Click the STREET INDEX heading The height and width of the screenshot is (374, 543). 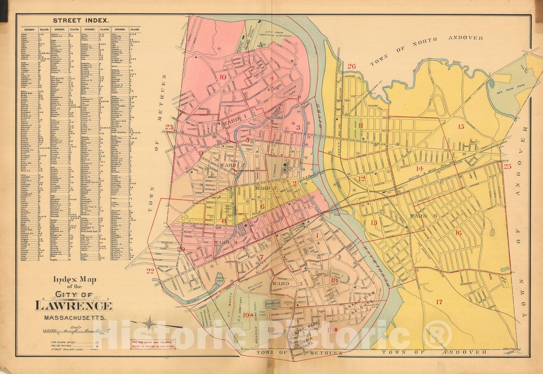80,21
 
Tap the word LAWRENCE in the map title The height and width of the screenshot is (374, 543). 73,306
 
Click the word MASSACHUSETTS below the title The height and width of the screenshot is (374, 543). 75,319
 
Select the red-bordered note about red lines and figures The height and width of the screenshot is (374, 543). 149,344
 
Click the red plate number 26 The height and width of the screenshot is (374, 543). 352,66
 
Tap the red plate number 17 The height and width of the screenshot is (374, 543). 439,302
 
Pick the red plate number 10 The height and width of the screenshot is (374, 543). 223,77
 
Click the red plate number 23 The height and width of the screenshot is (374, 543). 169,127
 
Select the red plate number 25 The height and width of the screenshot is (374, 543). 507,166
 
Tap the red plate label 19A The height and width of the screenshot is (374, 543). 248,315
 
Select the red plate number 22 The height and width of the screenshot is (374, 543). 150,271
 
